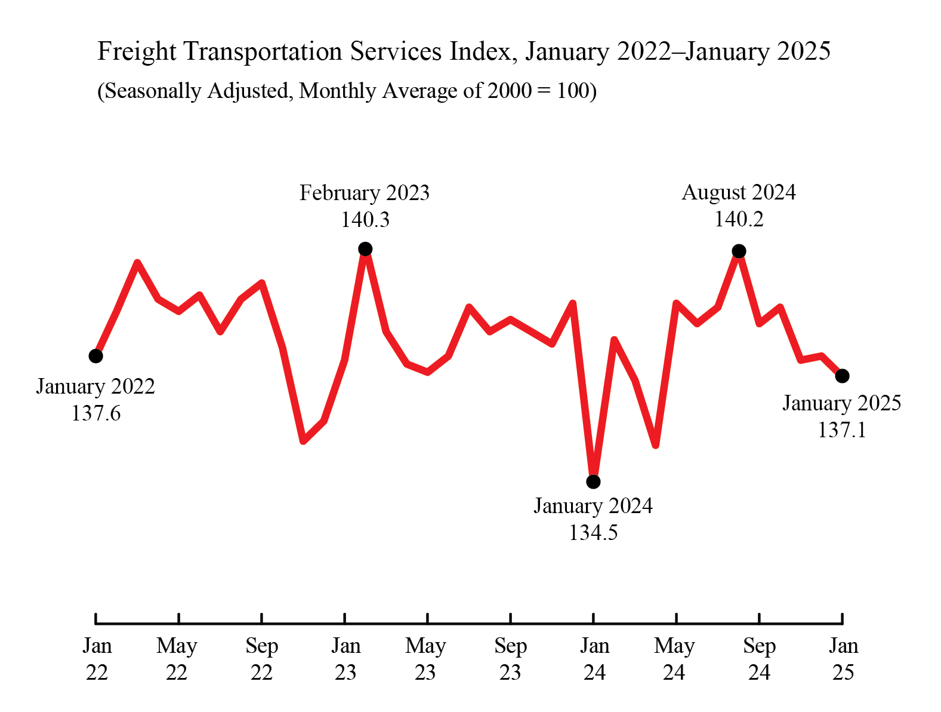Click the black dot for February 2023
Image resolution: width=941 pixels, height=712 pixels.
point(365,248)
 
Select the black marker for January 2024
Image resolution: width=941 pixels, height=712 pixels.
point(593,481)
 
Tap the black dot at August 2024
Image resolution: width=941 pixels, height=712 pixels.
point(739,251)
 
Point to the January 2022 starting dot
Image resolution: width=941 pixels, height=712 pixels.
point(95,356)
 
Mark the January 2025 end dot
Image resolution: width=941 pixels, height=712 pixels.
point(842,376)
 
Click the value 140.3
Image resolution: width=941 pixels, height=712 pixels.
point(365,220)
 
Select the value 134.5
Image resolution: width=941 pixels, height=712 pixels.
point(593,532)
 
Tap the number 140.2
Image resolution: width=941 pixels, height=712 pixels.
point(739,219)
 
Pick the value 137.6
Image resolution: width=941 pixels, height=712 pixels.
point(95,413)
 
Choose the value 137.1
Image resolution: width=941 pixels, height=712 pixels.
point(841,429)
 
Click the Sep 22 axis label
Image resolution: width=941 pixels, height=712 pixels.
point(261,659)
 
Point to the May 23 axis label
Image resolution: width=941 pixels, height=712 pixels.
point(426,659)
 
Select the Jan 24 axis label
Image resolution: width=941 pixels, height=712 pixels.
point(594,659)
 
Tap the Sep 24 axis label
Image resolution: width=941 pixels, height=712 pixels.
point(759,659)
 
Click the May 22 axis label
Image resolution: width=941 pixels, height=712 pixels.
point(177,659)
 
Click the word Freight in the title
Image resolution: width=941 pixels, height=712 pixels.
point(137,51)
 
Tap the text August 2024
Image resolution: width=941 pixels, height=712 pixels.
point(739,192)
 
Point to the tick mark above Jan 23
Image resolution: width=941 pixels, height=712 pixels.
point(345,618)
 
